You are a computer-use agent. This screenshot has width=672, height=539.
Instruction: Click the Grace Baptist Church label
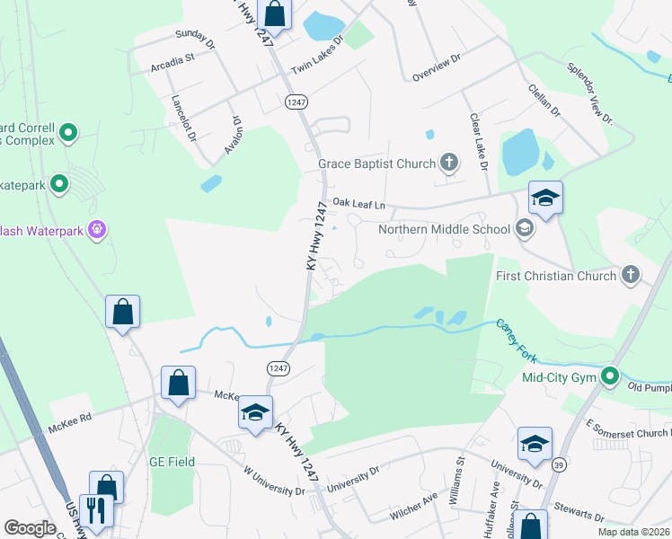coord(376,164)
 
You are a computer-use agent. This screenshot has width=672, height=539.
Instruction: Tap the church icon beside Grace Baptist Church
coord(448,163)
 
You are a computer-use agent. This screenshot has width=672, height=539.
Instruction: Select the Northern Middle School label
coord(444,229)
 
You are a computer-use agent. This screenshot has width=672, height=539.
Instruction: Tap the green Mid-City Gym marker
coord(610,376)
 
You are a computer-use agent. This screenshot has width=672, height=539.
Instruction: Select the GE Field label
coord(172,462)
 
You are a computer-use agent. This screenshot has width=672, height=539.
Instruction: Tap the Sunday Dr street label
coord(196,39)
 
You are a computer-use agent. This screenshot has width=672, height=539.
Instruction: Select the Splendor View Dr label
coord(589,93)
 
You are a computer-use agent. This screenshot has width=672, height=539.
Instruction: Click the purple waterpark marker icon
coord(98,231)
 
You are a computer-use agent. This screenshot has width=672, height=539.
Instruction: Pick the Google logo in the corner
coord(30,528)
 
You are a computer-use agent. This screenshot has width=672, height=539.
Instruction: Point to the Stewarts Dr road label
coord(579,515)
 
